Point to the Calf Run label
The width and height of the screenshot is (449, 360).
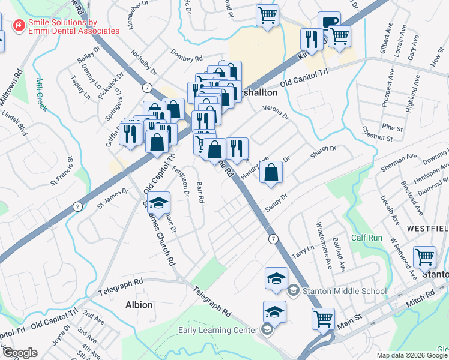367,238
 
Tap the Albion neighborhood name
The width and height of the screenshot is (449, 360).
139,305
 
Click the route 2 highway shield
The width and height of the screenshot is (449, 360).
77,206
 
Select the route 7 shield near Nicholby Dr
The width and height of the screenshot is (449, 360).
146,88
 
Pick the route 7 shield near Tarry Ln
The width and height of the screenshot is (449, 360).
273,239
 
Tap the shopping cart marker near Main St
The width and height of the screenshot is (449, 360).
323,317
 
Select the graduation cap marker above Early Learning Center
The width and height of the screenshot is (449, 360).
274,312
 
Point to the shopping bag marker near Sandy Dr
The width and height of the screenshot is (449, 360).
272,172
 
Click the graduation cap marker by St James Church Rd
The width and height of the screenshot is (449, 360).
158,203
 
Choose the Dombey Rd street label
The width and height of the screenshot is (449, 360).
186,58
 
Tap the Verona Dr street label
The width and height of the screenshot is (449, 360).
276,113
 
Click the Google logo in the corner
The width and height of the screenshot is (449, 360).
20,353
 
